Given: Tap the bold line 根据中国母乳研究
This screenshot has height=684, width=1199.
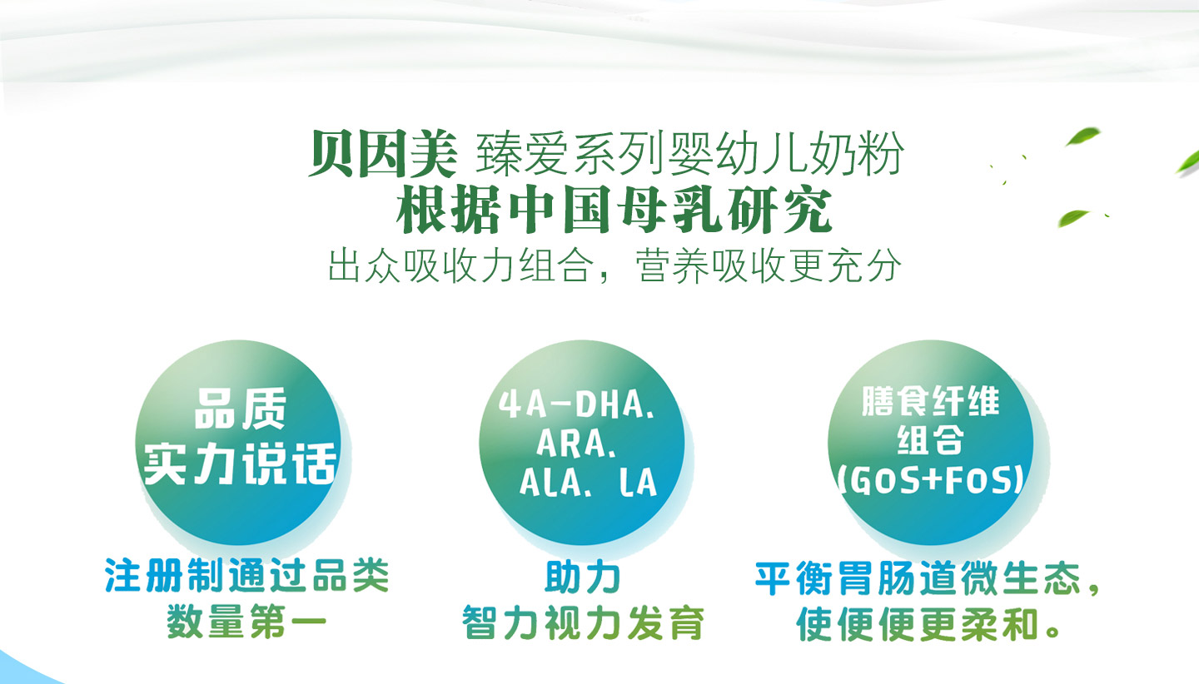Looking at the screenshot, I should tap(614, 211).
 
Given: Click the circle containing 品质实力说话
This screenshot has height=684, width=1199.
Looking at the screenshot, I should tap(239, 442).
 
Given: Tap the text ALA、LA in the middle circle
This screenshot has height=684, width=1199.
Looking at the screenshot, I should tap(588, 483).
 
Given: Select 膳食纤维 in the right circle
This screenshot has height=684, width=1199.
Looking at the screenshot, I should tap(930, 404).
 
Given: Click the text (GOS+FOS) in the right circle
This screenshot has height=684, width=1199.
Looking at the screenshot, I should tap(930, 481).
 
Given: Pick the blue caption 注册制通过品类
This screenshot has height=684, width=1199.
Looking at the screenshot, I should tap(247, 576).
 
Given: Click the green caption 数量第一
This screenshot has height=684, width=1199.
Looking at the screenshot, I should tap(247, 622).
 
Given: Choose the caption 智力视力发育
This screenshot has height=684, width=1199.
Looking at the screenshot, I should tap(583, 623).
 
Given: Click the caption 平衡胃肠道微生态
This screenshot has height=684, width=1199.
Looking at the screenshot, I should tap(918, 578).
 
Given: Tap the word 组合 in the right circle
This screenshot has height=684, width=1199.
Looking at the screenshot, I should tap(930, 441).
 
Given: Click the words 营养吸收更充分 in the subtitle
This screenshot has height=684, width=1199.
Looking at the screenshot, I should tap(768, 265).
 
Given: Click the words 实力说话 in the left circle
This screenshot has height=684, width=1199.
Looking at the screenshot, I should tap(240, 463).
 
